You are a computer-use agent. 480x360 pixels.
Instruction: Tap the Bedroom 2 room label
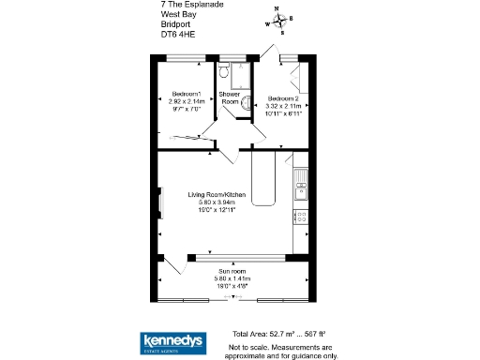283,97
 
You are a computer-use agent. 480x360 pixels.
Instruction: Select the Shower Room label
230,97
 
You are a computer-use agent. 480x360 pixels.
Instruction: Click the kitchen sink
300,177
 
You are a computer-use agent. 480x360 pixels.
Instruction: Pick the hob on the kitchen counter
301,217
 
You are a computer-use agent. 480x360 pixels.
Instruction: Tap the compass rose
278,21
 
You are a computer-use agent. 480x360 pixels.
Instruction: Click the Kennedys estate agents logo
173,342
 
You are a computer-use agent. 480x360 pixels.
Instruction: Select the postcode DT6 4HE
177,35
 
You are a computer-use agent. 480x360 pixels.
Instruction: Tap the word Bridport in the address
174,25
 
